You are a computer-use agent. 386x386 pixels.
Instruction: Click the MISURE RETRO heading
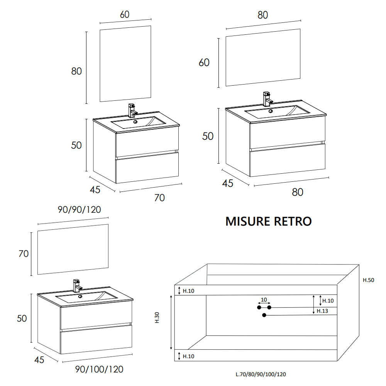(268, 221)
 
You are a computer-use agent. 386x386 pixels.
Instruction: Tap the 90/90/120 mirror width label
(79, 210)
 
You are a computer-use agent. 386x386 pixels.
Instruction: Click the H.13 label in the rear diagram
(322, 311)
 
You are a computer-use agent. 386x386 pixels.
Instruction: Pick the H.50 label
(369, 280)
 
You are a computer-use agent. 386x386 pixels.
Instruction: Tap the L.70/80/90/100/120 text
(261, 374)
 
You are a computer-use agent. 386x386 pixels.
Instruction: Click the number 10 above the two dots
(264, 300)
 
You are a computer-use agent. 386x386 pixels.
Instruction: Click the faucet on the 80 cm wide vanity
(267, 99)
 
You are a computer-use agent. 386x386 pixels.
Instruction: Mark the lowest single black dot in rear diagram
(264, 315)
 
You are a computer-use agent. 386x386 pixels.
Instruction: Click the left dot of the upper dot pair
(259, 307)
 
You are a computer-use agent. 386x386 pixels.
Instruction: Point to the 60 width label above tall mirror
(125, 15)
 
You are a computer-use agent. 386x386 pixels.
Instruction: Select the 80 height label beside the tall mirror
(76, 71)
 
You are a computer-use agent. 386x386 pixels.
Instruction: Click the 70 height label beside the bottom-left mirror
(24, 254)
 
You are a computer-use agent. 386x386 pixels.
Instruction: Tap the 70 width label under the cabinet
(159, 198)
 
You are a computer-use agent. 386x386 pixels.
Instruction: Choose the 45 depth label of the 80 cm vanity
(228, 183)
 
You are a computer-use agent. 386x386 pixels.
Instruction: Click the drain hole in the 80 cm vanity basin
(270, 111)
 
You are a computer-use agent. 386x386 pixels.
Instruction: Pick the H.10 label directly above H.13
(328, 301)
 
